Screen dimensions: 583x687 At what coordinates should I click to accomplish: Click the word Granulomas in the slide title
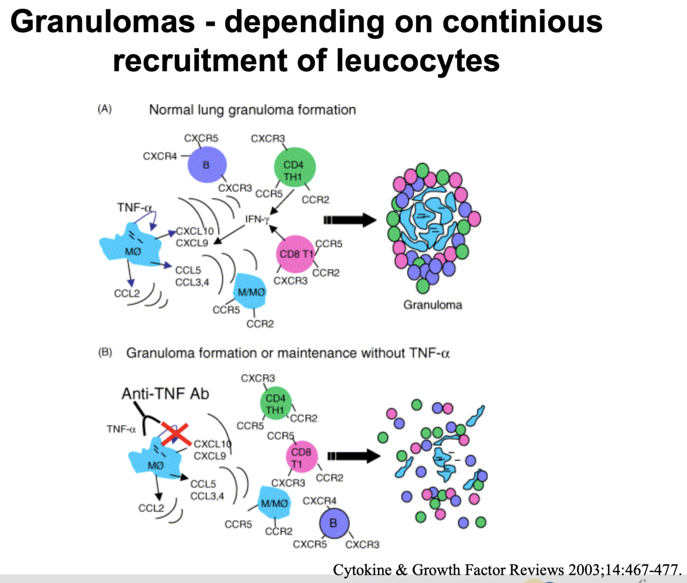click(102, 22)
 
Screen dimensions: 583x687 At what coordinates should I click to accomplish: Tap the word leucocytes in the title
click(418, 60)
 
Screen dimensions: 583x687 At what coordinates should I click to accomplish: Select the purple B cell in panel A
click(207, 165)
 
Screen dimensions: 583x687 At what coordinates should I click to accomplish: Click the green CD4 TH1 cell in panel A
click(294, 166)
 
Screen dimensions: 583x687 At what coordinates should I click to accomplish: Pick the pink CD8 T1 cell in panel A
click(296, 254)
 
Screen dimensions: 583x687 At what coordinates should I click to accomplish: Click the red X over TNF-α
click(176, 435)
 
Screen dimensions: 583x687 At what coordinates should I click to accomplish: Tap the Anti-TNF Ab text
click(165, 394)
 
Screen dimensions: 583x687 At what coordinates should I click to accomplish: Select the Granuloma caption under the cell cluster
click(433, 305)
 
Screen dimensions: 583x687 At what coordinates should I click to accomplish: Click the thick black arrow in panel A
click(350, 220)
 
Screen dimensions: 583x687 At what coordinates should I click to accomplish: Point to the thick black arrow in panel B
click(354, 456)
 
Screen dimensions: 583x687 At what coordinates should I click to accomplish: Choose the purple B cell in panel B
click(333, 523)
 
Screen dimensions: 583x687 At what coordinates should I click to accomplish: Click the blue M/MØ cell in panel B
click(274, 503)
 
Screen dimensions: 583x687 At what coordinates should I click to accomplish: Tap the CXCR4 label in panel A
click(160, 156)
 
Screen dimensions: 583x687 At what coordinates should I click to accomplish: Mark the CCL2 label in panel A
click(127, 293)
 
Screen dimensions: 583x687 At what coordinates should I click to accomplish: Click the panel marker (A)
click(105, 109)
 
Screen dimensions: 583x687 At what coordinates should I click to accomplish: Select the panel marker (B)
click(105, 353)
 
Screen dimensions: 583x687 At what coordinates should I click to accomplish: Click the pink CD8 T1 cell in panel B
click(301, 457)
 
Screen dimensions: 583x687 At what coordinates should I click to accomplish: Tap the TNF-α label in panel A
click(134, 207)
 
